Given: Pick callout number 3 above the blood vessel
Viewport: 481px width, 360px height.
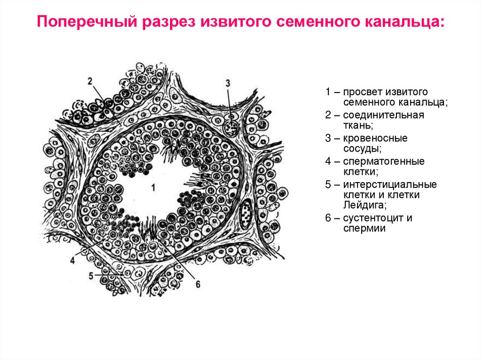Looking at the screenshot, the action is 228,83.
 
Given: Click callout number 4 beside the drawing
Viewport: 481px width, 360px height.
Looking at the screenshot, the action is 73,260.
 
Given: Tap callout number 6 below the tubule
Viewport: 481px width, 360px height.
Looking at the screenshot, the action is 198,284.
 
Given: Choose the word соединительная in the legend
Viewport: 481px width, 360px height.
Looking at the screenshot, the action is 383,115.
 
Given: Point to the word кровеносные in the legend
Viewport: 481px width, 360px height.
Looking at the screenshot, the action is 375,138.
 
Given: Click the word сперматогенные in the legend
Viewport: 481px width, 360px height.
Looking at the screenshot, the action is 383,161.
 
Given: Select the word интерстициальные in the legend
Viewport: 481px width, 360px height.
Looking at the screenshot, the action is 390,184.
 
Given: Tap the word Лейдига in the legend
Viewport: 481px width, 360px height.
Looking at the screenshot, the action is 365,205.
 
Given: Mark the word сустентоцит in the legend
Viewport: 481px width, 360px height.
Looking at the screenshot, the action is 373,218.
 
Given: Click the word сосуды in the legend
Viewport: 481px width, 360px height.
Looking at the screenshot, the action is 361,149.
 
